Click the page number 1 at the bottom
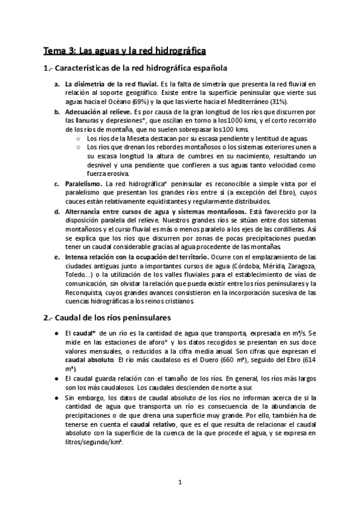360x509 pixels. click(180, 482)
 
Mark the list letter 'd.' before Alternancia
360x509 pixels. click(56, 211)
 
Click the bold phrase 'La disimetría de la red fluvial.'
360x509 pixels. click(111, 85)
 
